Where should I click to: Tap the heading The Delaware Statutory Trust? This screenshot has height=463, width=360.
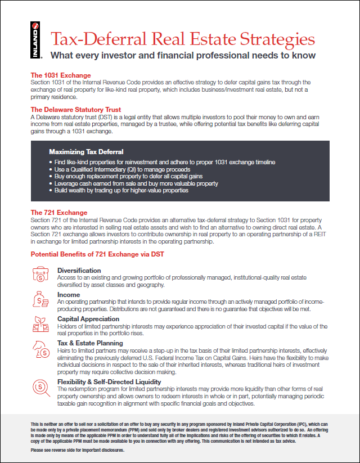coord(75,110)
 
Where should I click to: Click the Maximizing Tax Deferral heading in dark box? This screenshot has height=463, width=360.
coord(86,152)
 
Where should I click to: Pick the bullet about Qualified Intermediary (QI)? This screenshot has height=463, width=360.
coord(123,169)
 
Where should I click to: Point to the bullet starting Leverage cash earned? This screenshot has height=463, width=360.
coord(136,183)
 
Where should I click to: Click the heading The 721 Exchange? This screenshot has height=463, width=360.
coord(58,213)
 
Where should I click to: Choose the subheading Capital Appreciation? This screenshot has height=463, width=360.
coord(89,319)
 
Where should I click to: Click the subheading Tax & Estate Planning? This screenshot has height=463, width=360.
coord(90,343)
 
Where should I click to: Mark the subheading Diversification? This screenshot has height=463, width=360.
coord(79,271)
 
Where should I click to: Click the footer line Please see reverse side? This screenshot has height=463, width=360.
coord(77,451)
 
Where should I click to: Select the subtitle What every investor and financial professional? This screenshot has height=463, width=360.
coord(183,55)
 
